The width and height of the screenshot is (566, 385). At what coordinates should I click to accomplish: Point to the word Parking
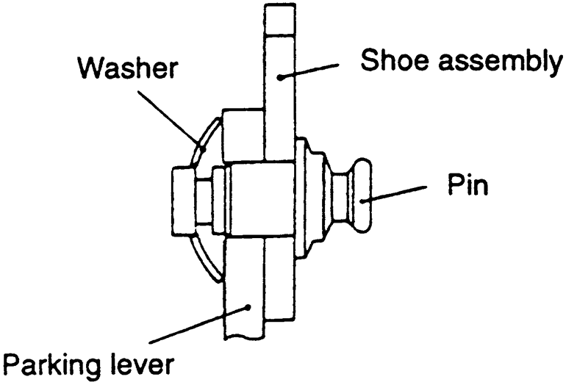tap(49, 363)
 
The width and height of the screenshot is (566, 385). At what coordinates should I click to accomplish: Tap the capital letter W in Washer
tap(94, 71)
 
